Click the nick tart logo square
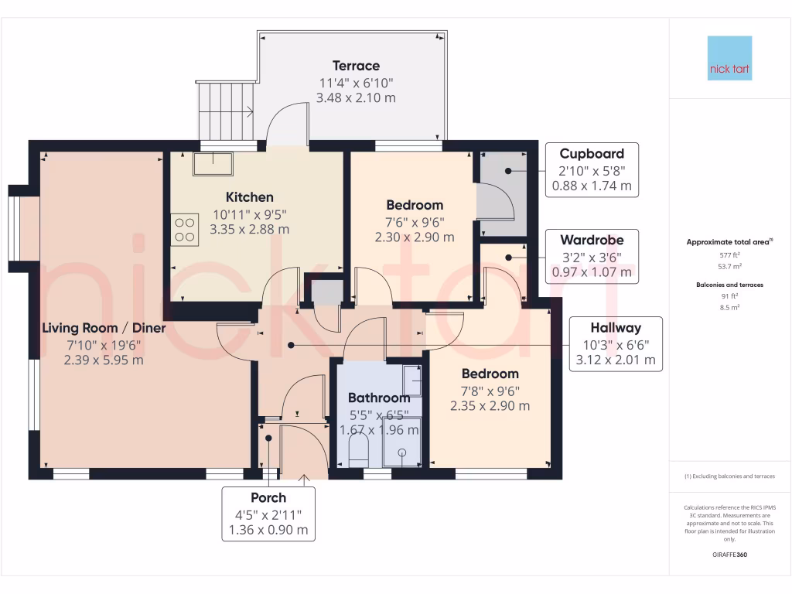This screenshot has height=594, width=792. coord(729,58)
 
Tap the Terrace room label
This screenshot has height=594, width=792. coord(356,66)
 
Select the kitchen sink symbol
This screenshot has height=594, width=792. coord(213,163)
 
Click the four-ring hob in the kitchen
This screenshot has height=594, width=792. coord(185,230)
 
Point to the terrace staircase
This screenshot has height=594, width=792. coord(226,110)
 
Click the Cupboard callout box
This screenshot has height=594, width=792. coord(592,169)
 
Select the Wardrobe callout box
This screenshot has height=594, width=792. coord(592,255)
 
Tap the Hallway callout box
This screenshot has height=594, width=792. coord(615,343)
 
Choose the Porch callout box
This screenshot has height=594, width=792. coord(268,514)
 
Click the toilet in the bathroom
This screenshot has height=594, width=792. coord(357,452)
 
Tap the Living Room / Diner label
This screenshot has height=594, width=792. coord(104,328)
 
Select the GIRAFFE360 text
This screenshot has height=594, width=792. coord(729,555)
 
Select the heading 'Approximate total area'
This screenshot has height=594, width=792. coord(728,242)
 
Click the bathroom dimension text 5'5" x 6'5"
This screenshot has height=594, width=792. coord(378,415)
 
